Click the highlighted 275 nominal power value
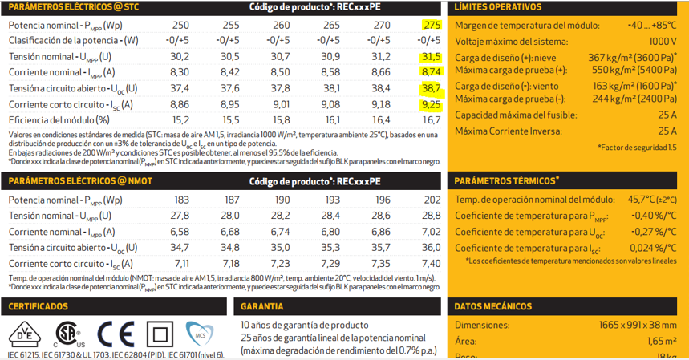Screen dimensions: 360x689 (x=432, y=25)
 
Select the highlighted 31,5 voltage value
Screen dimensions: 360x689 (x=432, y=57)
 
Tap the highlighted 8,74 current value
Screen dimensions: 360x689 (x=432, y=72)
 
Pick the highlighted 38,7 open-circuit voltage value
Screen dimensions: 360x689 (x=432, y=88)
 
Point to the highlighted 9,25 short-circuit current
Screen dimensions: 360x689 (x=432, y=104)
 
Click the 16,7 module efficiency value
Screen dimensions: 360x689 (x=432, y=119)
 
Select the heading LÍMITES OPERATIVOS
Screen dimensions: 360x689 (x=498, y=7)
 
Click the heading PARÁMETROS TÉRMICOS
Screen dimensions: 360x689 (x=507, y=180)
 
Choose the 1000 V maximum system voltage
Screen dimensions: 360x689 (x=663, y=41)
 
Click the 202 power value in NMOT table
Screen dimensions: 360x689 (x=432, y=200)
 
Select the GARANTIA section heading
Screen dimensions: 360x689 (x=261, y=306)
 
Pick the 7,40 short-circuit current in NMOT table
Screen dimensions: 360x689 (x=432, y=264)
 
